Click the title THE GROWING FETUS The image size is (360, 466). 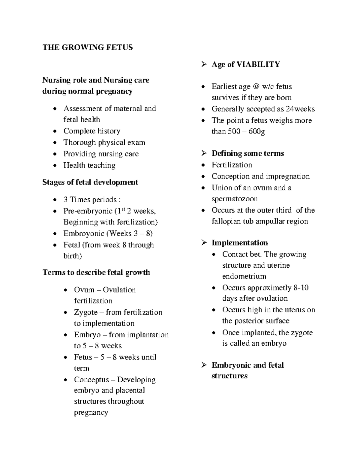point(88,47)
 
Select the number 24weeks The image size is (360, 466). point(300,109)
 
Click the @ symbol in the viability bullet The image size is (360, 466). point(256,87)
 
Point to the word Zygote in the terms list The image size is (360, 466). point(86,312)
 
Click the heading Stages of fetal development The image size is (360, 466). point(90,182)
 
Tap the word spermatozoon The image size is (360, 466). point(235,199)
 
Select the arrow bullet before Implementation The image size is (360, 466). point(204,242)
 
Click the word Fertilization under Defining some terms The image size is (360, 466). point(232,165)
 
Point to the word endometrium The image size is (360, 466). point(244,276)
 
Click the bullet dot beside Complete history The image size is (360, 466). point(54,131)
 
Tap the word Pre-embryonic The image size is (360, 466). point(88,211)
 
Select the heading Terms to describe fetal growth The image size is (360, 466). point(96,272)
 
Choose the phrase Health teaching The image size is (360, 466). point(89,165)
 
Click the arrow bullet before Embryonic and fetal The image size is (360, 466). point(204,365)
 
